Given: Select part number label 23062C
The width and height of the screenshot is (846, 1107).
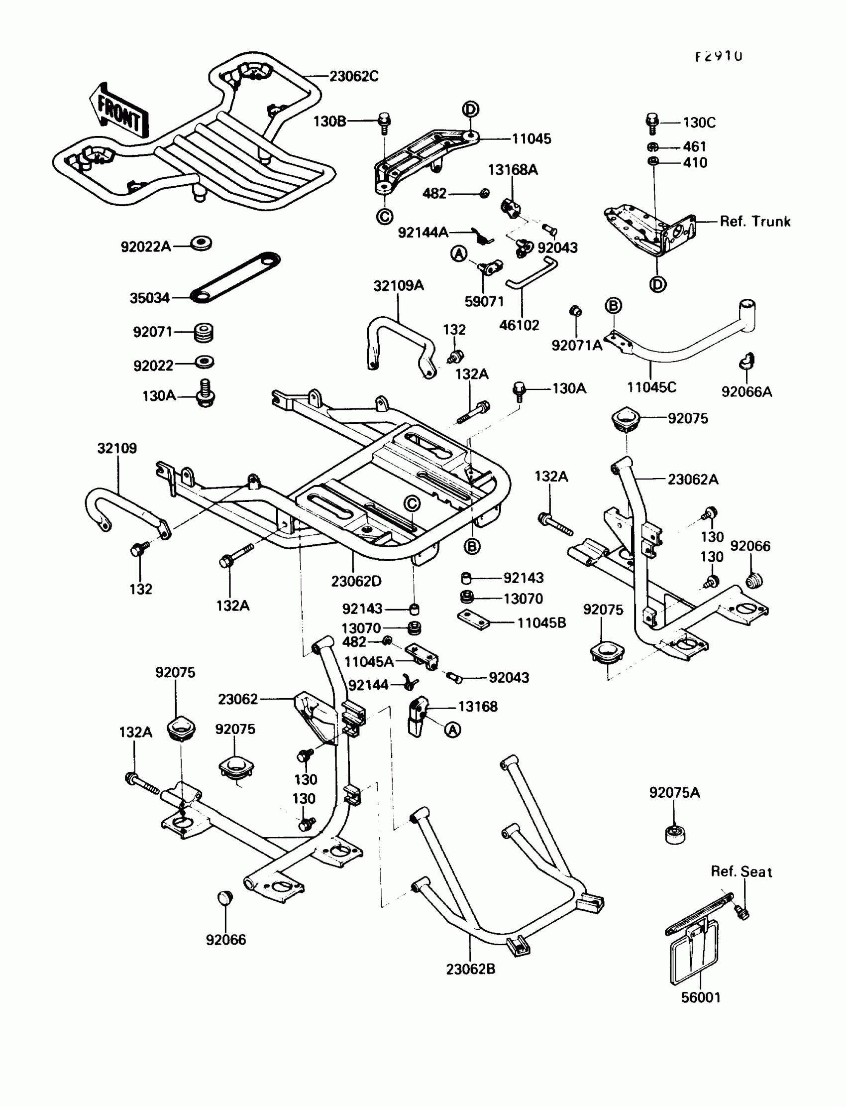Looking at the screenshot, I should click(353, 76).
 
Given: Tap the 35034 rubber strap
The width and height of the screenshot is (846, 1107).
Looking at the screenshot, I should click(235, 278).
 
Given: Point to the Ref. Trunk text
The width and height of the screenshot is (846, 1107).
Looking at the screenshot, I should click(755, 221).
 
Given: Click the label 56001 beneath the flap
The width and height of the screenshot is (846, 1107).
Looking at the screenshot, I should click(701, 997).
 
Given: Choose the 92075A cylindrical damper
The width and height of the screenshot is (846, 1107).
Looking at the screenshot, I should click(675, 835).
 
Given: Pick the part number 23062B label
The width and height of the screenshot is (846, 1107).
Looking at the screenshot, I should click(470, 969).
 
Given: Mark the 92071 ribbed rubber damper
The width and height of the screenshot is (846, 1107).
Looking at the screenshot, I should click(204, 332).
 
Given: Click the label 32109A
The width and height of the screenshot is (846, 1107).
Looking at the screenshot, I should click(398, 286).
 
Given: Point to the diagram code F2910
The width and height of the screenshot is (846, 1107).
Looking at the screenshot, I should click(719, 56).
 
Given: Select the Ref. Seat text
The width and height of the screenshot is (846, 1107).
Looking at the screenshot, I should click(741, 871).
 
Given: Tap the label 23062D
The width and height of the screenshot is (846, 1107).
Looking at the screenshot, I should click(356, 581).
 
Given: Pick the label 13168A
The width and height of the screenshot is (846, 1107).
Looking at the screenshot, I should click(513, 170).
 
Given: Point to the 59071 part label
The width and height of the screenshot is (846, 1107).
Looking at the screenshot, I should click(483, 301).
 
